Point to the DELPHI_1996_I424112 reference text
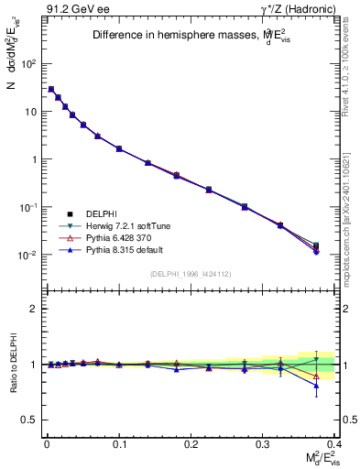188,274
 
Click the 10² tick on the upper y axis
29,64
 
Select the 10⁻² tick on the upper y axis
29,255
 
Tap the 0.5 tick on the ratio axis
33,420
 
